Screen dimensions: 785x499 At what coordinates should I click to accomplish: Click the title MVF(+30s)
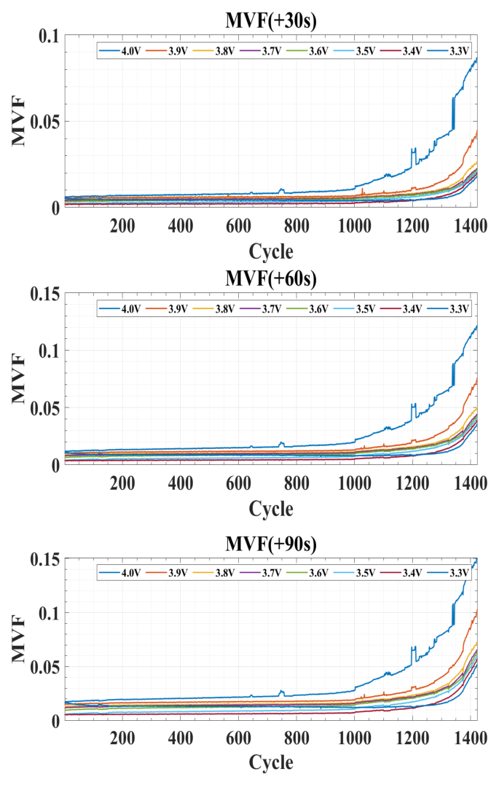270,21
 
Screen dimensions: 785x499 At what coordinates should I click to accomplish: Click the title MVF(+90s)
270,543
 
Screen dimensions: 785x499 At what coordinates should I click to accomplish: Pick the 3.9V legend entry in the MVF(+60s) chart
170,309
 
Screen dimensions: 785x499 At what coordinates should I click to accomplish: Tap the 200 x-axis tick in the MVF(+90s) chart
122,738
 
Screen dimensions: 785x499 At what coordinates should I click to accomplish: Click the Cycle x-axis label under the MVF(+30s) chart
270,251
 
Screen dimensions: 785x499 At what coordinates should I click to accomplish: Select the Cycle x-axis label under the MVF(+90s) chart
270,763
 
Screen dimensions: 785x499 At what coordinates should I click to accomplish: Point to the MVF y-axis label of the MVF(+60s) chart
20,378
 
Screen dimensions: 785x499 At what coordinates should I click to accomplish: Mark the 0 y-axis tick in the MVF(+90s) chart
57,720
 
